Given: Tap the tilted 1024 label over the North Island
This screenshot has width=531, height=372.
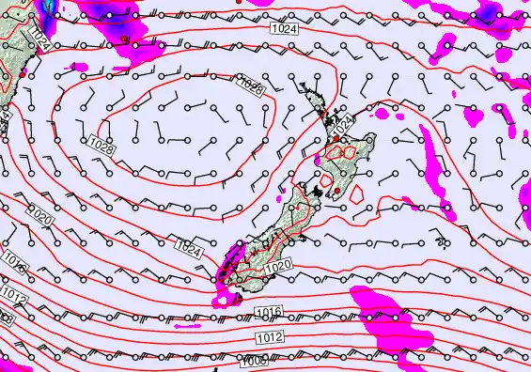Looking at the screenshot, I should click(x=345, y=122).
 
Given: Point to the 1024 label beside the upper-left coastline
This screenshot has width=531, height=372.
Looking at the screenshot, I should click(x=39, y=39).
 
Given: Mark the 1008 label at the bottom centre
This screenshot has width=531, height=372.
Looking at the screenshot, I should click(x=254, y=361).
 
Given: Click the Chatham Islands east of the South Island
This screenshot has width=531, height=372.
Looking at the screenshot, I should click(x=442, y=242).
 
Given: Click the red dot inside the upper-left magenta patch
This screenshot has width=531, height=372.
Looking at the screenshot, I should click(x=124, y=38).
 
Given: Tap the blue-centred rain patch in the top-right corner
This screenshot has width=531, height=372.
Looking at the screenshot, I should click(x=488, y=13).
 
